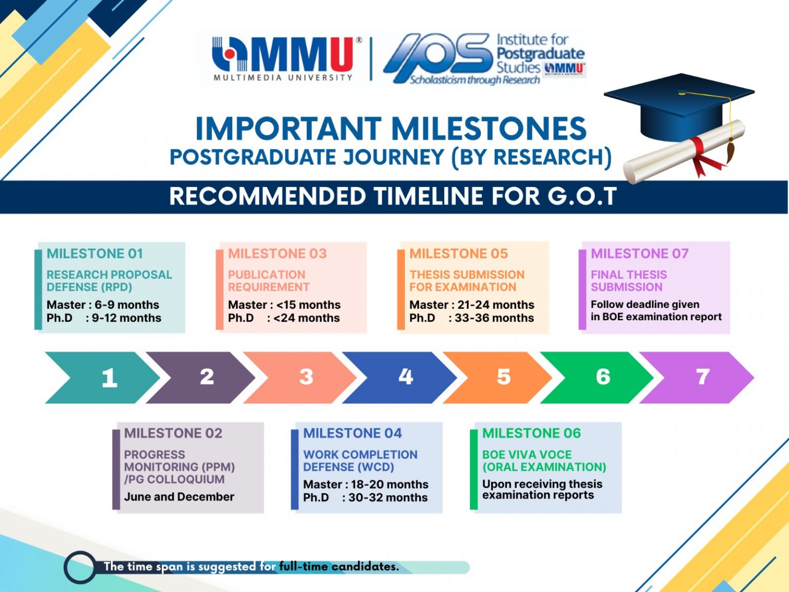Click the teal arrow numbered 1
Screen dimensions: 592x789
[x=103, y=378]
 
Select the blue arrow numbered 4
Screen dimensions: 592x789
[x=401, y=378]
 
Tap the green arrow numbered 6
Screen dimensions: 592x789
[x=598, y=378]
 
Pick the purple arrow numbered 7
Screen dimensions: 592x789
[x=699, y=378]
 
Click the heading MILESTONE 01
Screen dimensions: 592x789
[x=95, y=254]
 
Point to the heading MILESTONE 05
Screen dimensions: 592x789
[x=458, y=254]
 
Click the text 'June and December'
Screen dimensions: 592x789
[x=179, y=497]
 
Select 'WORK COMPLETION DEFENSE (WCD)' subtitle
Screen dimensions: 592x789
[x=360, y=461]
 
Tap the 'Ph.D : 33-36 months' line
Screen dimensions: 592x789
[x=472, y=318]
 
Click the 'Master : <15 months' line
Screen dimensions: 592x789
[x=284, y=305]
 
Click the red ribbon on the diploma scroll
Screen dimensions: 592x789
[x=701, y=154]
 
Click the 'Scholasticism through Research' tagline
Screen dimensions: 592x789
[x=474, y=80]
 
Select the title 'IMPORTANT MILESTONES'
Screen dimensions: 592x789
[x=390, y=128]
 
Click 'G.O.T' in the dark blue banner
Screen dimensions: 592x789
[x=582, y=196]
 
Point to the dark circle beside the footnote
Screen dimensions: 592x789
[x=80, y=567]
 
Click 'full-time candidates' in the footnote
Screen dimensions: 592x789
[x=339, y=567]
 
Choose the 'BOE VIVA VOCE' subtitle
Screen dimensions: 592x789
[x=527, y=455]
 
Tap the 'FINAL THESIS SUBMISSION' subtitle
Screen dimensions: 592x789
[x=628, y=281]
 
